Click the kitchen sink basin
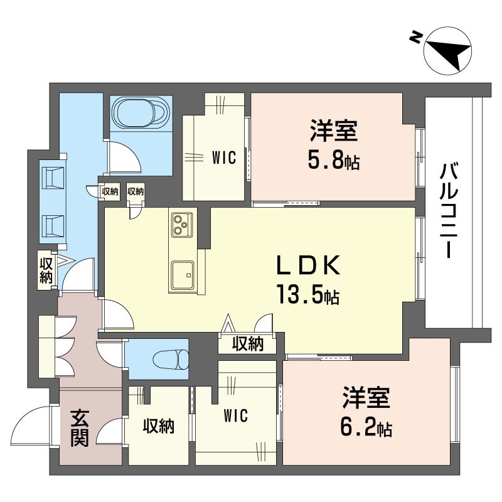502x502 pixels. click(182, 275)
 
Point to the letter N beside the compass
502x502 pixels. click(415, 37)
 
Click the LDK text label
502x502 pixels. click(308, 265)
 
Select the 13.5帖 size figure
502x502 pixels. click(308, 294)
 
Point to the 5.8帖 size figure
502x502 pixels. click(334, 159)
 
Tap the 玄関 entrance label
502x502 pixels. click(79, 428)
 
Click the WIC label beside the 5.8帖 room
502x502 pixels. click(224, 158)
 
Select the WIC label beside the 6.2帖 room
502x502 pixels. click(236, 415)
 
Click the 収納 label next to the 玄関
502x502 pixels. click(159, 426)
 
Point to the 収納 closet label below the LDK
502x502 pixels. click(248, 344)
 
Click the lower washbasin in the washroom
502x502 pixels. click(53, 226)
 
